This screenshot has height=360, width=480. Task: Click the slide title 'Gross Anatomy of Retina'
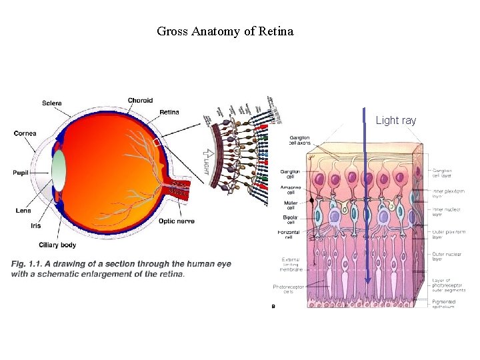click(x=225, y=31)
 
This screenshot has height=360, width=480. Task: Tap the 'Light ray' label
click(x=395, y=121)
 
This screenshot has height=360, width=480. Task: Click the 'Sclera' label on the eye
click(x=52, y=103)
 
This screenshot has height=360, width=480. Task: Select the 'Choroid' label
click(x=140, y=101)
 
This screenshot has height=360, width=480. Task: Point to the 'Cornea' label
click(x=25, y=133)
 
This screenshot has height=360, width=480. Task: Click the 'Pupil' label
click(x=21, y=173)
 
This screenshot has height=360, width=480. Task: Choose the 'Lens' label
click(x=23, y=211)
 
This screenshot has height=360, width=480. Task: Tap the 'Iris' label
click(x=35, y=225)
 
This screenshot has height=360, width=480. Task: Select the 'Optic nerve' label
click(x=176, y=221)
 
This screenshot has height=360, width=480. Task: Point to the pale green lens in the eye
click(x=59, y=170)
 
